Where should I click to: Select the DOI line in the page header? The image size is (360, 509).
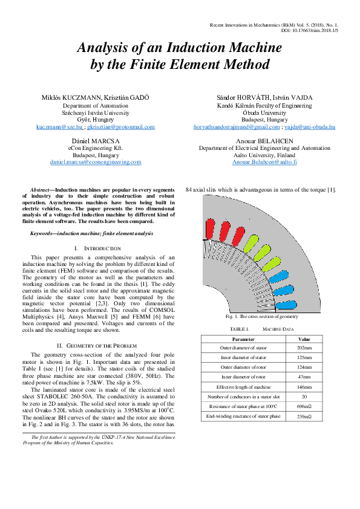(x=309, y=29)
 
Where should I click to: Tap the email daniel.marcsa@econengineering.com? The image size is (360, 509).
(x=96, y=162)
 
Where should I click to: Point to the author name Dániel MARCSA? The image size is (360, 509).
(x=96, y=140)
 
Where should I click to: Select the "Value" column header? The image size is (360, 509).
(x=304, y=340)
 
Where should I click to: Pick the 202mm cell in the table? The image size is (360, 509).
(x=304, y=349)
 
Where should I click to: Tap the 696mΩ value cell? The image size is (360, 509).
(x=304, y=407)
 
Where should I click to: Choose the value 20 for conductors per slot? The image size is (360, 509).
(x=304, y=397)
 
